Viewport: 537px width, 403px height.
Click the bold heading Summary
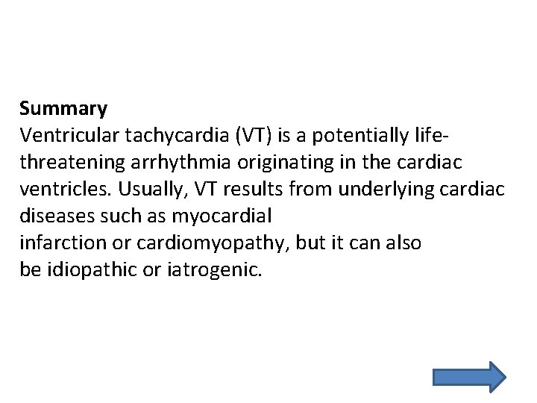tap(63, 109)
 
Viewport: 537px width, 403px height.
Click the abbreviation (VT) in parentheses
tap(254, 136)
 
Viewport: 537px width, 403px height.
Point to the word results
tap(253, 190)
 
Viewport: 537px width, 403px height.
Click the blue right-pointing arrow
tap(468, 377)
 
